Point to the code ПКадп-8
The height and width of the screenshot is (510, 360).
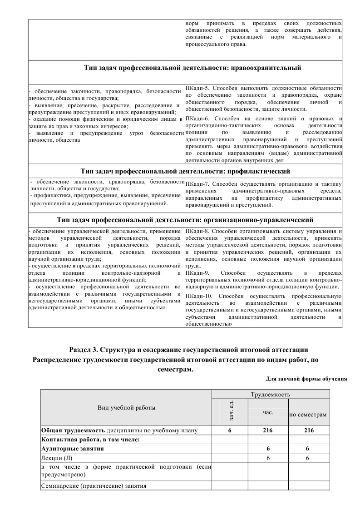[197, 232]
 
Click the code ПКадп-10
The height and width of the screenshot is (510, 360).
[198, 297]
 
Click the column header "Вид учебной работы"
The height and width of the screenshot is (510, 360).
[127, 407]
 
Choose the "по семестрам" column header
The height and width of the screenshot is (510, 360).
[309, 415]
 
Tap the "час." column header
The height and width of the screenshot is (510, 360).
[268, 412]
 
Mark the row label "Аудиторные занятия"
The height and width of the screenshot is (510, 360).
[72, 449]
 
